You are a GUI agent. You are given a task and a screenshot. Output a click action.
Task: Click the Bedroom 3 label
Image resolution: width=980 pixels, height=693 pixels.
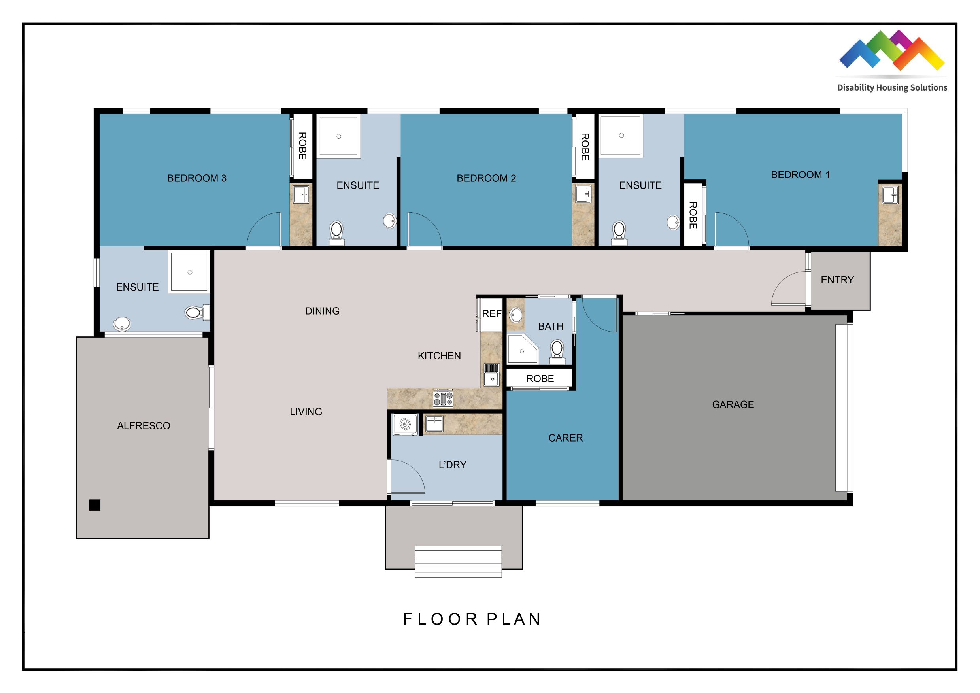[196, 178]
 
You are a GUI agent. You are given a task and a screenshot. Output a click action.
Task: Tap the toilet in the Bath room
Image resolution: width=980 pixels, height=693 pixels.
[557, 351]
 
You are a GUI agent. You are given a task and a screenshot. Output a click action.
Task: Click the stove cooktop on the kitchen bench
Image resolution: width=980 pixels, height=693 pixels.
[443, 398]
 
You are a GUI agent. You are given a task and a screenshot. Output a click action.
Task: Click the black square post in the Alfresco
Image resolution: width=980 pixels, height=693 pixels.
[95, 505]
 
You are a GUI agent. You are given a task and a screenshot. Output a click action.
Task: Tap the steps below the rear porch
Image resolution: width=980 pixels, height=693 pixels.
[458, 561]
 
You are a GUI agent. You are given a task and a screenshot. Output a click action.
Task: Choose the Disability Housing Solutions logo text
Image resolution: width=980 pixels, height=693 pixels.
[892, 87]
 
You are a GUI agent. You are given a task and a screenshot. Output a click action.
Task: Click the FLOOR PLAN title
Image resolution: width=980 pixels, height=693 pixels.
[472, 619]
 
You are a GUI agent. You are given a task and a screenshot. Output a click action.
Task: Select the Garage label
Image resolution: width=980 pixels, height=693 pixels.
[733, 404]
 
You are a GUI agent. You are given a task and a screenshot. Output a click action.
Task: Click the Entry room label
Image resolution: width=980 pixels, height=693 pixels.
[837, 280]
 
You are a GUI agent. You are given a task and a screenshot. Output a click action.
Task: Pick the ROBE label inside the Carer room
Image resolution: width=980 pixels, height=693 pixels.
[540, 378]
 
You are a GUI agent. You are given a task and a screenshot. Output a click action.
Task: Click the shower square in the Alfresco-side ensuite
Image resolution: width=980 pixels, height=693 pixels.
[189, 272]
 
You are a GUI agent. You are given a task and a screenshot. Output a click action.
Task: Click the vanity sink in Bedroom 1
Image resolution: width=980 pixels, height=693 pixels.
[889, 195]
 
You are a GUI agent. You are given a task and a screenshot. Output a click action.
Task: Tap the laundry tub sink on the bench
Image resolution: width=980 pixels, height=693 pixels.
[434, 424]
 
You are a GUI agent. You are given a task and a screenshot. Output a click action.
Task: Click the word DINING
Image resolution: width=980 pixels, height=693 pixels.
[322, 311]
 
